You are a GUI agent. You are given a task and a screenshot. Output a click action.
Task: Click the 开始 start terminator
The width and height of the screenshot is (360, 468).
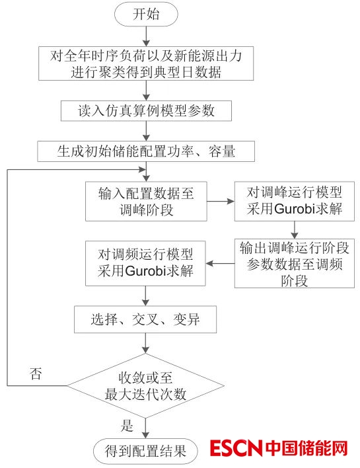point(146,15)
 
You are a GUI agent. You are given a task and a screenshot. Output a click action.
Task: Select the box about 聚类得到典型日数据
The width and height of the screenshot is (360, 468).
point(146,63)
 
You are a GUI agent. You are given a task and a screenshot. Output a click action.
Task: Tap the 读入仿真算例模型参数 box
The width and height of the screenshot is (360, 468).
point(146,111)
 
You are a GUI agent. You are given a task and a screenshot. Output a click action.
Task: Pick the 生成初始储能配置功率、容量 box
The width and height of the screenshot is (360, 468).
point(146,151)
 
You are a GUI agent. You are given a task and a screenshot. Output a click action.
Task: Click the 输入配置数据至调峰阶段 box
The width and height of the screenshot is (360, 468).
point(146,201)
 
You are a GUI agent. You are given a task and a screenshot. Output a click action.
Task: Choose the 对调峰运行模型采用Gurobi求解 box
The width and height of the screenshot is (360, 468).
point(295,201)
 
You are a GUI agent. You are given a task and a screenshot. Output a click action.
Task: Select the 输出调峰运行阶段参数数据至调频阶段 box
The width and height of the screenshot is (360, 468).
point(295,263)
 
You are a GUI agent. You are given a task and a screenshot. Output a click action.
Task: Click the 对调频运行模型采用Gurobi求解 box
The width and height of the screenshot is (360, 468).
point(145,263)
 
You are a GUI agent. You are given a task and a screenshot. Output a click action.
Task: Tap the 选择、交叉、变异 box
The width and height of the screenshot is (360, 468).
point(145,319)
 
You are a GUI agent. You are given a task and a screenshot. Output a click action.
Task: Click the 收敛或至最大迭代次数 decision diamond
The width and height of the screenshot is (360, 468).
point(145,385)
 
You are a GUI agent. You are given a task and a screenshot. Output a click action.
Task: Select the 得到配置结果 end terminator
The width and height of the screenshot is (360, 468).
point(145,451)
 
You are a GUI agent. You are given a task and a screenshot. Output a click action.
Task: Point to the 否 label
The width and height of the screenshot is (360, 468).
point(36,373)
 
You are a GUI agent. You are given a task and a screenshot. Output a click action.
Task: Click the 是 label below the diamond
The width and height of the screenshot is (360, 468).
point(127,426)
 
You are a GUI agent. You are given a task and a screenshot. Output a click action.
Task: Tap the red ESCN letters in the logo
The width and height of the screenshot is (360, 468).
point(236,448)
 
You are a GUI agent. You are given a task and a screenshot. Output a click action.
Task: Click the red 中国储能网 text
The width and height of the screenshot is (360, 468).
point(306,448)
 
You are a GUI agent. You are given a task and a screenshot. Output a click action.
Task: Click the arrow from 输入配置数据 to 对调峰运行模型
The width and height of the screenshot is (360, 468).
point(221,201)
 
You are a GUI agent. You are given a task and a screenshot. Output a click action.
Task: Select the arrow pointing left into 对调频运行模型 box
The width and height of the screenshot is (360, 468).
point(220,264)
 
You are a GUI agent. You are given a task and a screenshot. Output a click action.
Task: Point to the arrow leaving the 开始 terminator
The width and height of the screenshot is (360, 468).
point(146,36)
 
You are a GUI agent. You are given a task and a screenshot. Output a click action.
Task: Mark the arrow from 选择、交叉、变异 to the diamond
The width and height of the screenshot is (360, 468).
point(145,343)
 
